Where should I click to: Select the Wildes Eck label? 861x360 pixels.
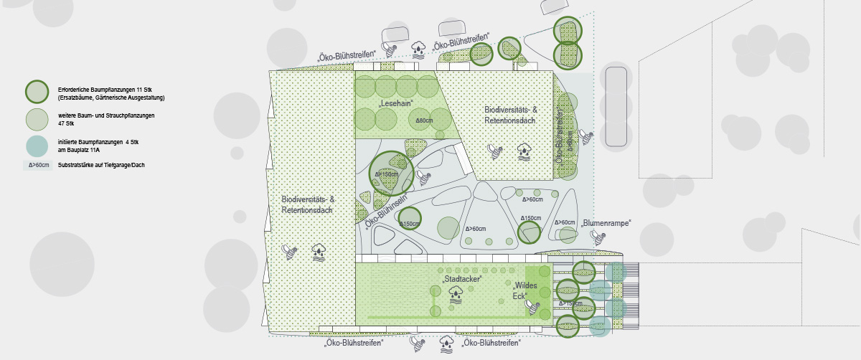tap(524, 291)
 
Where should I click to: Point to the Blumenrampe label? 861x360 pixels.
tap(606, 223)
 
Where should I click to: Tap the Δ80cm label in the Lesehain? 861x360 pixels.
tap(425, 120)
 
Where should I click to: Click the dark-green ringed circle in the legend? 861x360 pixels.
tap(37, 92)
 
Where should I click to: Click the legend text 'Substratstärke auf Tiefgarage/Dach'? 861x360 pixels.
tap(101, 166)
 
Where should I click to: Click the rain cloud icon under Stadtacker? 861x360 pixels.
tap(456, 293)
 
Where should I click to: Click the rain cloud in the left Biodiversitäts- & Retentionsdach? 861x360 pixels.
tap(319, 251)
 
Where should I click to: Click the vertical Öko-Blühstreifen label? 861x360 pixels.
tap(560, 139)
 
